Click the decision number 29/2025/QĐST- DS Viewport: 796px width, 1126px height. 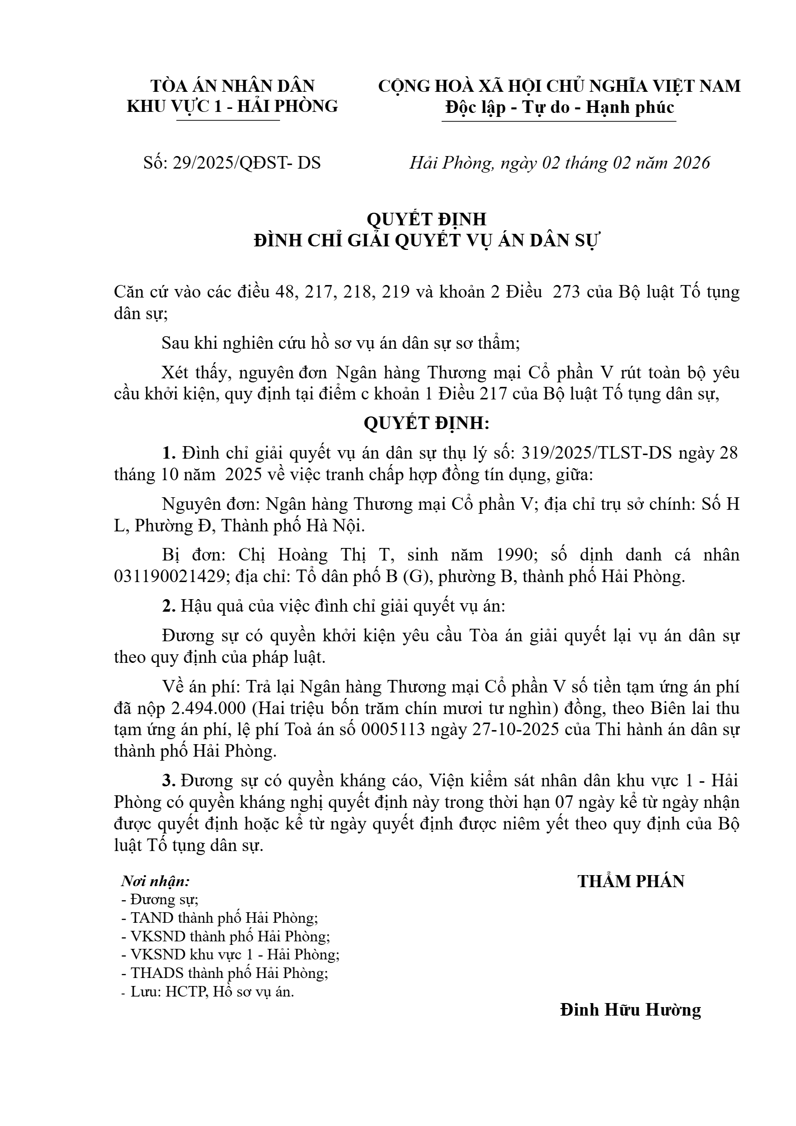246,163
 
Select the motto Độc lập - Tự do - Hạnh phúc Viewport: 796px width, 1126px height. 559,107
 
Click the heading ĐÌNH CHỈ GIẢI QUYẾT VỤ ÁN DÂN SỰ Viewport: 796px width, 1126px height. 427,241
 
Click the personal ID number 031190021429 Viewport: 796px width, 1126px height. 169,577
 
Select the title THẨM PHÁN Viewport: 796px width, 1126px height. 631,882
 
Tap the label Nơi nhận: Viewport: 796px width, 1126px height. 156,881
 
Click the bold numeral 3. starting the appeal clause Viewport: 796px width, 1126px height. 168,781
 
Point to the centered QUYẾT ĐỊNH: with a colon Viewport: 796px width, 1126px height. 426,424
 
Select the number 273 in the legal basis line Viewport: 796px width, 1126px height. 566,292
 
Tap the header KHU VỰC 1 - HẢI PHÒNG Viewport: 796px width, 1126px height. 232,106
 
